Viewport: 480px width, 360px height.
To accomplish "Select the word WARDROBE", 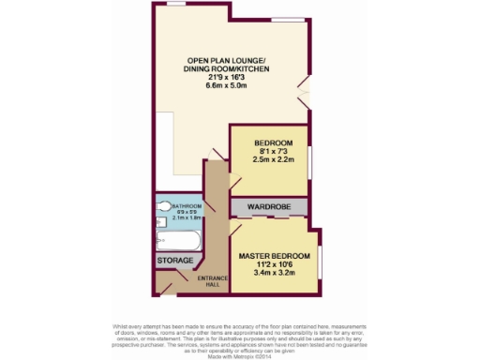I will click(x=266, y=205).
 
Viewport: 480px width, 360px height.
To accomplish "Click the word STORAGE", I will click(x=175, y=261).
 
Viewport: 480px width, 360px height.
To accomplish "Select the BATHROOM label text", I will click(x=189, y=205).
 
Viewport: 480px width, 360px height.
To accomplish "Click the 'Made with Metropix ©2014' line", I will click(x=240, y=350).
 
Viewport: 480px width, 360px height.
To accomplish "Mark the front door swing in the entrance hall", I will click(x=169, y=284).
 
